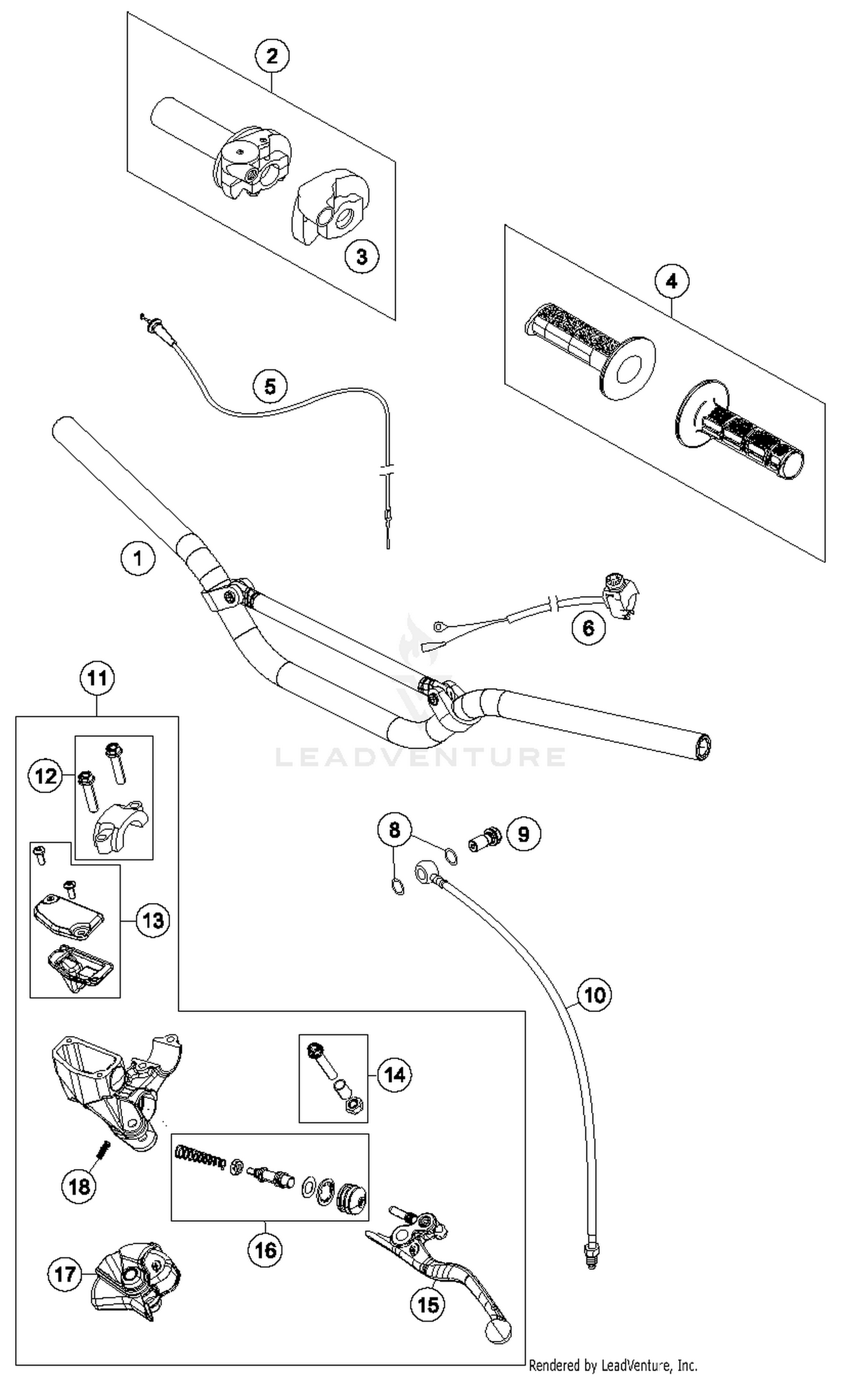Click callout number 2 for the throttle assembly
coord(272,56)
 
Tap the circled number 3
coord(361,256)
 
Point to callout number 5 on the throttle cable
coord(270,386)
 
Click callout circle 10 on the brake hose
coord(594,995)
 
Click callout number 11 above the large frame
coord(97,679)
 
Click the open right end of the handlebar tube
coord(703,748)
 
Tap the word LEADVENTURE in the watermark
coord(420,757)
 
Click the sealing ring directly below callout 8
coord(397,887)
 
